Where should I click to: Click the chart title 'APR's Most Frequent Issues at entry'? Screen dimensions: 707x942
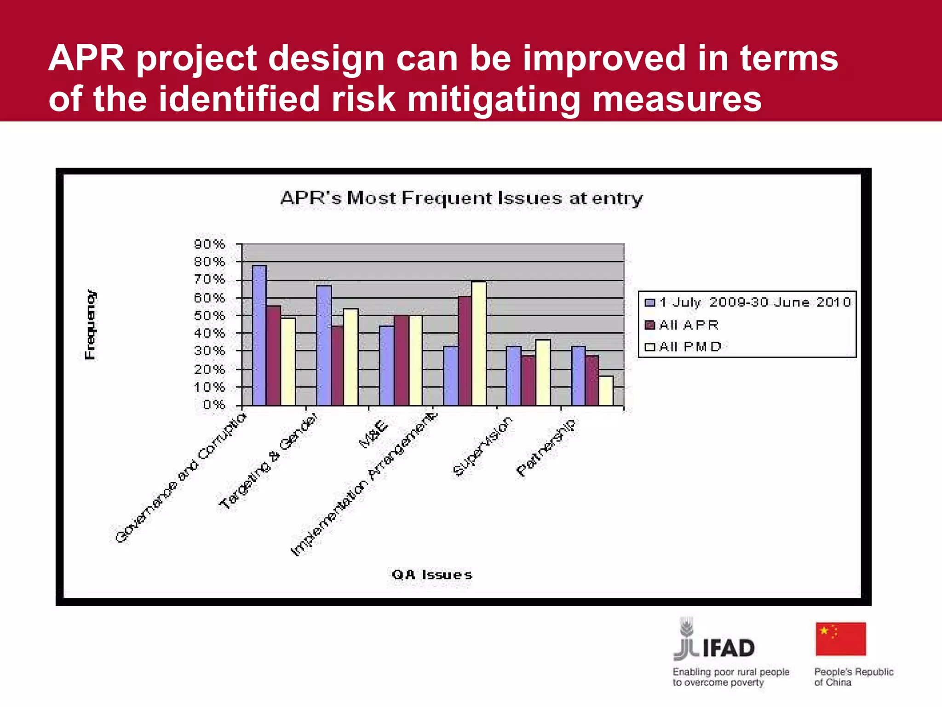coord(461,198)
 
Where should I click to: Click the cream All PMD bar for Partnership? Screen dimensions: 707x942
coord(606,391)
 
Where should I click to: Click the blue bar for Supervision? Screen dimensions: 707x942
coord(513,376)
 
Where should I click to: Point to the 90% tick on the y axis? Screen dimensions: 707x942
coord(210,244)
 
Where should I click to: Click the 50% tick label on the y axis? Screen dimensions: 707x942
coord(210,316)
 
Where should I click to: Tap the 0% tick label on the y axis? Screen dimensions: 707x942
coord(214,405)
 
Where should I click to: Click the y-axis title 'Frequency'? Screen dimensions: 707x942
coord(91,325)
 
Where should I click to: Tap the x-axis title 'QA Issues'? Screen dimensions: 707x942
coord(431,574)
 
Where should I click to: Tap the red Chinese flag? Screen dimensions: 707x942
coord(840,639)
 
